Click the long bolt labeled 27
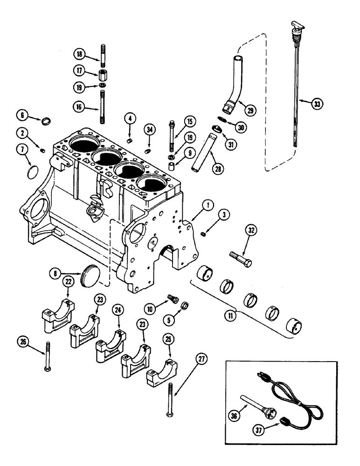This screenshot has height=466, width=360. (170, 401)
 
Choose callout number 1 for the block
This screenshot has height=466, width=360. (206, 204)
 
